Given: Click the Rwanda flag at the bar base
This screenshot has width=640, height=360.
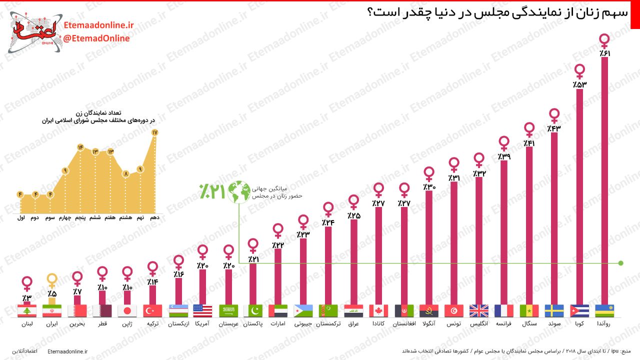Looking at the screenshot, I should tap(604, 311).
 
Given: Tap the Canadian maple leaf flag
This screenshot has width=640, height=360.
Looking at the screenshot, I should tap(378, 311).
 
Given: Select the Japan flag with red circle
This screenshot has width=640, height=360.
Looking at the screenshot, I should tap(127, 311).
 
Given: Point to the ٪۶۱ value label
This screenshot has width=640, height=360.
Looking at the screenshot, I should tap(604, 53).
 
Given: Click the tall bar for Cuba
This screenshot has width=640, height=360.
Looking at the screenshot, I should tap(579, 195).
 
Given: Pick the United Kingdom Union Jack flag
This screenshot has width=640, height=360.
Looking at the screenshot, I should tap(479, 311).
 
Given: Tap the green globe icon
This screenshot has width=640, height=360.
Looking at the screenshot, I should tap(239, 192).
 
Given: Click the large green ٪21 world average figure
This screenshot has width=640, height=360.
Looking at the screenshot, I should tap(212, 192).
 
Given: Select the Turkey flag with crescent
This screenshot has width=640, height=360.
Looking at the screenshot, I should tap(152, 311).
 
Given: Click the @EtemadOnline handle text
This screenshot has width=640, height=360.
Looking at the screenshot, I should tap(96, 38).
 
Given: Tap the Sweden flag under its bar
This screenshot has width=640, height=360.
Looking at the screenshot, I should tap(554, 311).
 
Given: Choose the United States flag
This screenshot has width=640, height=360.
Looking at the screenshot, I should tap(202, 311).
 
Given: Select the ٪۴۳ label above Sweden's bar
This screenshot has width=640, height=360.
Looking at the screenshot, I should tap(554, 128).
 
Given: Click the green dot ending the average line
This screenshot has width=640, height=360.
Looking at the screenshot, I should tap(620, 263).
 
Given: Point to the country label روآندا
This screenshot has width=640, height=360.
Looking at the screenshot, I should tap(604, 324).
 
